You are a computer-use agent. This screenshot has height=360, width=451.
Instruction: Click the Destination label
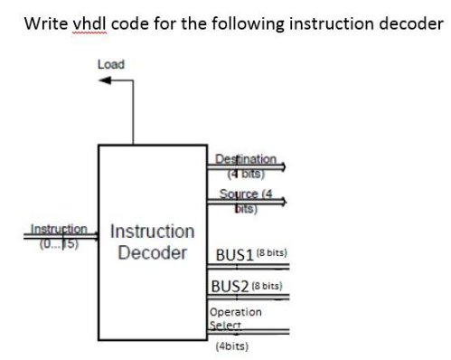click(246, 160)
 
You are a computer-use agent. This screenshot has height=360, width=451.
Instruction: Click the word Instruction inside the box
click(152, 232)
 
